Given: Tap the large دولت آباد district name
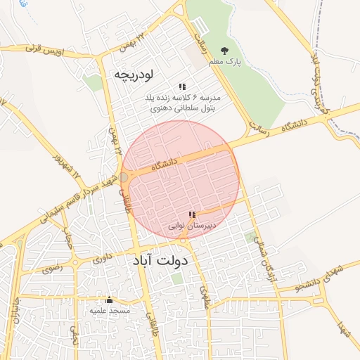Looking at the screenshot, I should click(160, 261).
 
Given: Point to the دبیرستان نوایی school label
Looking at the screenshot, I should click(193, 226).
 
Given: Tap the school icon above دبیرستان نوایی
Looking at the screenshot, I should click(192, 215).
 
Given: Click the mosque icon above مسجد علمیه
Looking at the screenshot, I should click(109, 300).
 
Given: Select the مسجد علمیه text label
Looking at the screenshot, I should click(108, 310).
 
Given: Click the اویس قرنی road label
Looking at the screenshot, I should click(44, 50).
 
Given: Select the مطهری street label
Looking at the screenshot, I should click(205, 296).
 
